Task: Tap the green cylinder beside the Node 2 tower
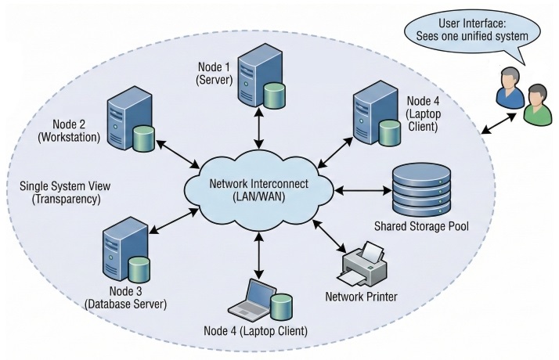click(x=143, y=139)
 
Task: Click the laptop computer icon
click(x=254, y=299)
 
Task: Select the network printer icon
click(x=363, y=266)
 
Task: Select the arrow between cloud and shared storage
click(x=359, y=189)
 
